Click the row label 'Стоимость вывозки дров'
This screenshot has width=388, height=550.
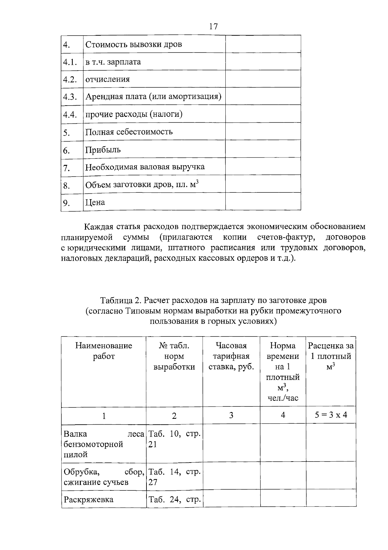pyautogui.click(x=134, y=44)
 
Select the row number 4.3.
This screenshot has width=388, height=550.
pyautogui.click(x=70, y=97)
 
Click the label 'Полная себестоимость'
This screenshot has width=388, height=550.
pyautogui.click(x=129, y=132)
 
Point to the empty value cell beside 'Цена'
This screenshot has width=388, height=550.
pyautogui.click(x=263, y=202)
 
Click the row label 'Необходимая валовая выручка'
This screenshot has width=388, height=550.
pyautogui.click(x=145, y=167)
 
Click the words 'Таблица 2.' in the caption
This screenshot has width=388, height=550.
pyautogui.click(x=121, y=300)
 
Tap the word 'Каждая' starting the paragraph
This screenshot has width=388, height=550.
pyautogui.click(x=98, y=226)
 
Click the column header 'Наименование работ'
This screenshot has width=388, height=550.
pyautogui.click(x=104, y=351)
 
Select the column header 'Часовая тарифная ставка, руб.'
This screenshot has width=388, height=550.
pyautogui.click(x=231, y=356)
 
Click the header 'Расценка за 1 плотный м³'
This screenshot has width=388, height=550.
pyautogui.click(x=331, y=356)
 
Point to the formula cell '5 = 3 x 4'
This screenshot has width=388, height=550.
pyautogui.click(x=331, y=415)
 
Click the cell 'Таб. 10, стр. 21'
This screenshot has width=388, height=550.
pyautogui.click(x=174, y=439)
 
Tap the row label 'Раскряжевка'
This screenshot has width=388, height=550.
pyautogui.click(x=89, y=499)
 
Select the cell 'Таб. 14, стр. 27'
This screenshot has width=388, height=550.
pyautogui.click(x=174, y=477)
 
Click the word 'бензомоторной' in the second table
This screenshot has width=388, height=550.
pyautogui.click(x=93, y=444)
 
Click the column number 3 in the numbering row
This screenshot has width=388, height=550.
pyautogui.click(x=231, y=415)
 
